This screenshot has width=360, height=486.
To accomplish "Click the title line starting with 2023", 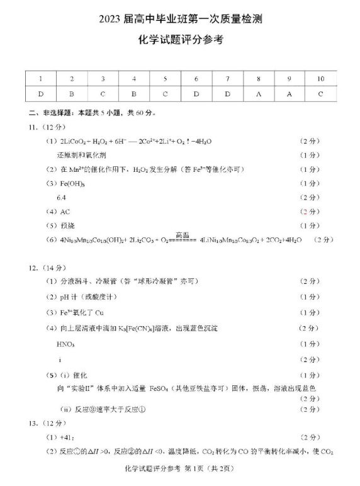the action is click(x=180, y=20).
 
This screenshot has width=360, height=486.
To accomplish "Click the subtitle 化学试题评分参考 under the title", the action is click(x=180, y=40).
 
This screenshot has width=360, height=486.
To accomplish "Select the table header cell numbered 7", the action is click(x=227, y=79).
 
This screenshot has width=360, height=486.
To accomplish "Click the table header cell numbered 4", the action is click(x=134, y=79).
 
